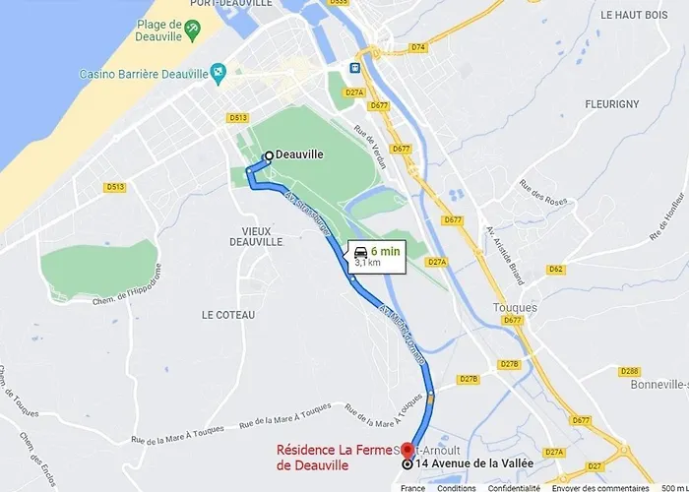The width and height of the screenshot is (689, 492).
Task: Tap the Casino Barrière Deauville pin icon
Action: pyautogui.click(x=219, y=71)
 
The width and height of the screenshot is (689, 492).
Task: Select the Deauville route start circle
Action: pyautogui.click(x=268, y=155)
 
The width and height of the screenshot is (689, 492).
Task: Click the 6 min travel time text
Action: pyautogui.click(x=385, y=251)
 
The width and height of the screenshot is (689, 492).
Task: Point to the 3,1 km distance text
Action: pyautogui.click(x=367, y=264)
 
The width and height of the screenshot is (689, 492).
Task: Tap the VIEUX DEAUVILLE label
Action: pyautogui.click(x=255, y=235)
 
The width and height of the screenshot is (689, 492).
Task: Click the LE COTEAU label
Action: pyautogui.click(x=228, y=314)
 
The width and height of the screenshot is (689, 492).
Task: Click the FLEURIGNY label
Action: pyautogui.click(x=611, y=104)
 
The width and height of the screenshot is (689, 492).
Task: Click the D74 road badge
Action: pyautogui.click(x=418, y=47)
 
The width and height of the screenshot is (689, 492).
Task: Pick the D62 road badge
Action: pyautogui.click(x=556, y=269)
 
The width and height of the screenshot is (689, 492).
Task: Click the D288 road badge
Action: pyautogui.click(x=629, y=371)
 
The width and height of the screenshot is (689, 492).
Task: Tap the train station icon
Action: pyautogui.click(x=353, y=68)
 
